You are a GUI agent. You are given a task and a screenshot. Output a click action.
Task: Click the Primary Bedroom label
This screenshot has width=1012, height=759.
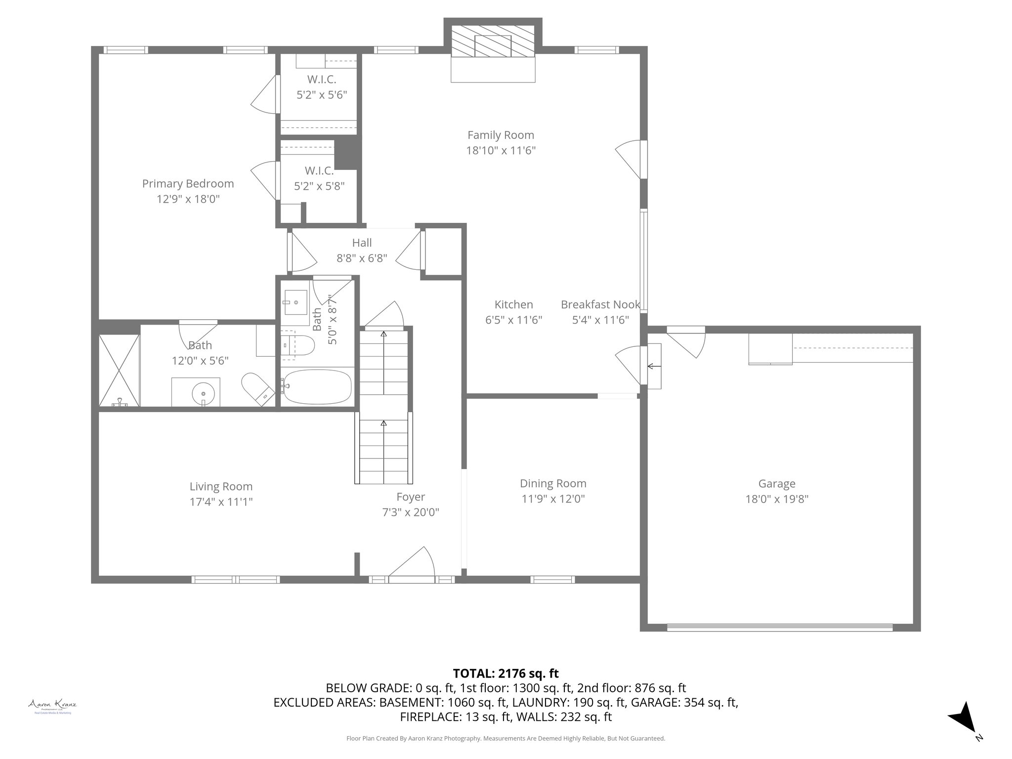coord(188,184)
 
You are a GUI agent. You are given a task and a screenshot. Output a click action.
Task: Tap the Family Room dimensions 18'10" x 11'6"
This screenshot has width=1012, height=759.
coord(501,150)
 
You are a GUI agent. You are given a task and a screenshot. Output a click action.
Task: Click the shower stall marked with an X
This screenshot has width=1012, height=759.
coord(119,371)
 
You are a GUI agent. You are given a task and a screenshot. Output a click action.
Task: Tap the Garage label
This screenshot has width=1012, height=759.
coord(777,484)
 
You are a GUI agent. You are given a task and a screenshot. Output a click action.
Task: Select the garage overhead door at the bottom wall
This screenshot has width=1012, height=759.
coord(779,628)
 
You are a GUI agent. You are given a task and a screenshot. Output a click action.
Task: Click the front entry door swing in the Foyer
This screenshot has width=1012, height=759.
coord(413,563)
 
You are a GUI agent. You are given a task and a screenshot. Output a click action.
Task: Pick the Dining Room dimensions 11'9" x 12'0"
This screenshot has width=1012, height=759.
coord(553,499)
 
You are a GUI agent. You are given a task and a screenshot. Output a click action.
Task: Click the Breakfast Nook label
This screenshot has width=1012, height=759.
coord(600,305)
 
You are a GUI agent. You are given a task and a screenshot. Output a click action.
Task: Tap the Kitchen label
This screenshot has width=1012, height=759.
coord(513,305)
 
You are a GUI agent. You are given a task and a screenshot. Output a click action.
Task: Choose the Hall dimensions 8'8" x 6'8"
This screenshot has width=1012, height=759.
coord(362,258)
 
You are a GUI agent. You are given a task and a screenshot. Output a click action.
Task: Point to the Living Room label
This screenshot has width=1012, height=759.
coord(221,487)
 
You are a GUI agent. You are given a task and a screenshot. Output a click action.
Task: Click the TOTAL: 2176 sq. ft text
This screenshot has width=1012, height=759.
coord(506,674)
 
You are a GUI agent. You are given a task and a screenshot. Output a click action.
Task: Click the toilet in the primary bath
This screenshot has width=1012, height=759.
coord(257,389)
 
